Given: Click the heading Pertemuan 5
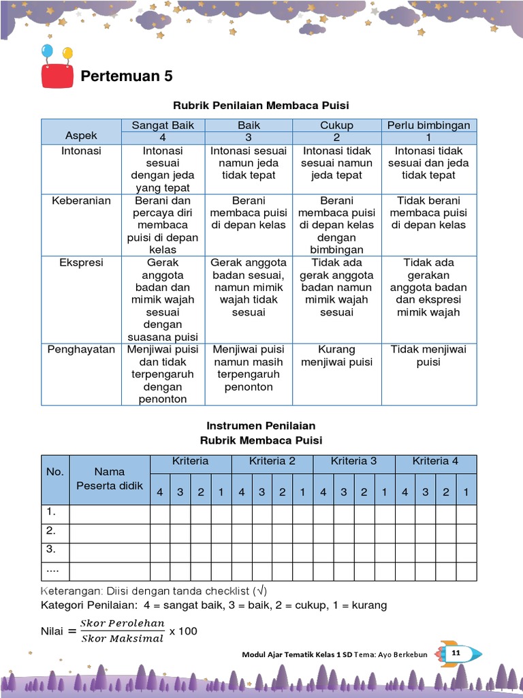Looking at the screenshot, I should click(127, 76).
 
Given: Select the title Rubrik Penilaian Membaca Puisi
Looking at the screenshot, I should click(261, 105).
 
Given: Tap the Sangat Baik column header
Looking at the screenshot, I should click(163, 125).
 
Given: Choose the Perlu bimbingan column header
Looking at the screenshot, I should click(428, 125).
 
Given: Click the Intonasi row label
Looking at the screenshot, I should click(81, 151).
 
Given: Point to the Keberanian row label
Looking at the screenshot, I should click(81, 200).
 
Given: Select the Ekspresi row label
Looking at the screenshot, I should click(81, 262).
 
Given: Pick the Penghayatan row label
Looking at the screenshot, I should click(81, 350).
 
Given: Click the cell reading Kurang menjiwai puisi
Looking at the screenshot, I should click(336, 356).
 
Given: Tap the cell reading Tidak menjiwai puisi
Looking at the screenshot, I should click(428, 356).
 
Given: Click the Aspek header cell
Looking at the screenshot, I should click(81, 136).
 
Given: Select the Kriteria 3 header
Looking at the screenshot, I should click(353, 461).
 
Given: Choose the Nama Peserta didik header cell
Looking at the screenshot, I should click(109, 479).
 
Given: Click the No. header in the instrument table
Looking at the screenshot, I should click(54, 471).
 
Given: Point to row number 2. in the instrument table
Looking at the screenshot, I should click(50, 530).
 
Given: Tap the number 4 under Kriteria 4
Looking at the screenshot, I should click(405, 492).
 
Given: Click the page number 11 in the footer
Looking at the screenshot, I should click(456, 654).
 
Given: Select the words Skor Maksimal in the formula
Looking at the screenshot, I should click(122, 639).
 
